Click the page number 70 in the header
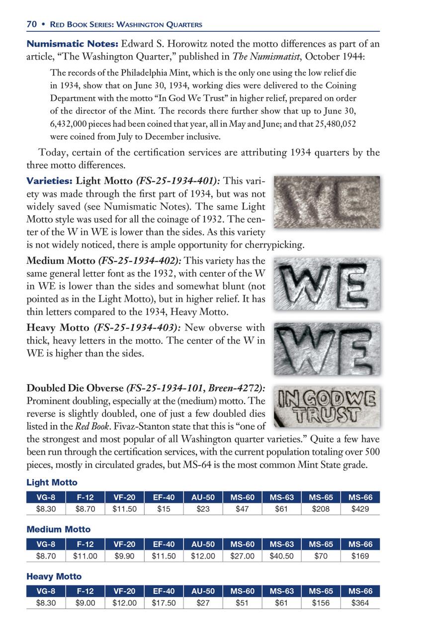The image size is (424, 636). tap(32, 24)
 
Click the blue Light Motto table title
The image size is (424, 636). tap(52, 482)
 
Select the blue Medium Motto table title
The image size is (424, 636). tap(58, 530)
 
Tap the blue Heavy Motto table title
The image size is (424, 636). tap(54, 576)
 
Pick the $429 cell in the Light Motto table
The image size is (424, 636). tap(360, 509)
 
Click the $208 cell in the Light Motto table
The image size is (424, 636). tap(321, 509)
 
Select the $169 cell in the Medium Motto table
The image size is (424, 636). tap(360, 556)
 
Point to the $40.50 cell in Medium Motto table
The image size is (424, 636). tap(281, 556)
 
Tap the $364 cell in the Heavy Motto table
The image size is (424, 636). tap(360, 603)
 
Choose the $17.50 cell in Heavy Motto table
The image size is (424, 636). tap(164, 603)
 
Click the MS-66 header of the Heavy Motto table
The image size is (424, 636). tap(360, 591)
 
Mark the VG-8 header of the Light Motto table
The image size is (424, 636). tap(46, 497)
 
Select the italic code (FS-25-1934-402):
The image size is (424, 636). tap(141, 260)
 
